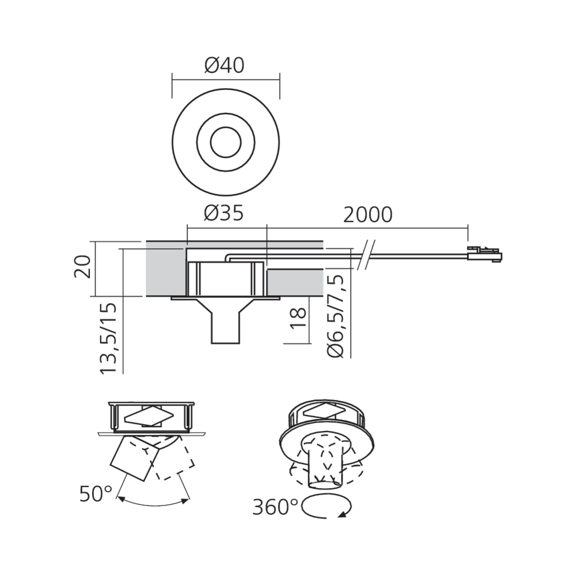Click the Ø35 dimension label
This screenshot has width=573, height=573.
tap(223, 214)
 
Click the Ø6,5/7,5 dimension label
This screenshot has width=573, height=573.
tap(337, 316)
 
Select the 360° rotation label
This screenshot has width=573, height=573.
tap(276, 507)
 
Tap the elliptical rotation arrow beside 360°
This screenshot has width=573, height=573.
tap(328, 507)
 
